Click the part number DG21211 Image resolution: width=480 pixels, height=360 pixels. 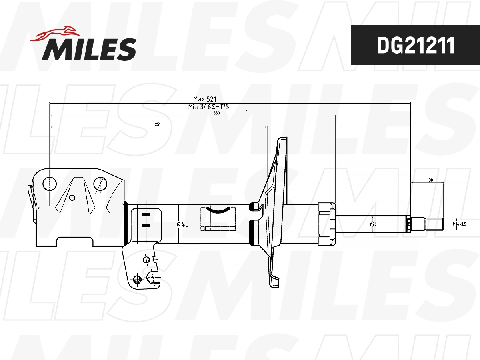(415, 45)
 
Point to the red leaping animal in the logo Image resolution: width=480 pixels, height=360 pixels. (56, 34)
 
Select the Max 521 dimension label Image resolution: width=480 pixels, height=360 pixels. (205, 99)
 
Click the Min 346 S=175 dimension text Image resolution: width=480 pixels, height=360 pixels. (208, 107)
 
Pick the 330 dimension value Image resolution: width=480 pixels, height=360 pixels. (216, 113)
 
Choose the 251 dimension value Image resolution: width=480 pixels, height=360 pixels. (158, 124)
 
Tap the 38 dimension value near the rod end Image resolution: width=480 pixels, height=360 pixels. (430, 180)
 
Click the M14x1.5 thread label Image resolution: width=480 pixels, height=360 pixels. (459, 224)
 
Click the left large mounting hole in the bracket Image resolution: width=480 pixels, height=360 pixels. (49, 184)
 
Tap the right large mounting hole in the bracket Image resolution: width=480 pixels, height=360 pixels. (100, 184)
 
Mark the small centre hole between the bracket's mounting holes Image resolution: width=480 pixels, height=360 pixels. (72, 197)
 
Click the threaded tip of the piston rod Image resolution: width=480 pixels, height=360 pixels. (434, 224)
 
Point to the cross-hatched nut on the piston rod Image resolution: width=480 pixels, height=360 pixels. (408, 224)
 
